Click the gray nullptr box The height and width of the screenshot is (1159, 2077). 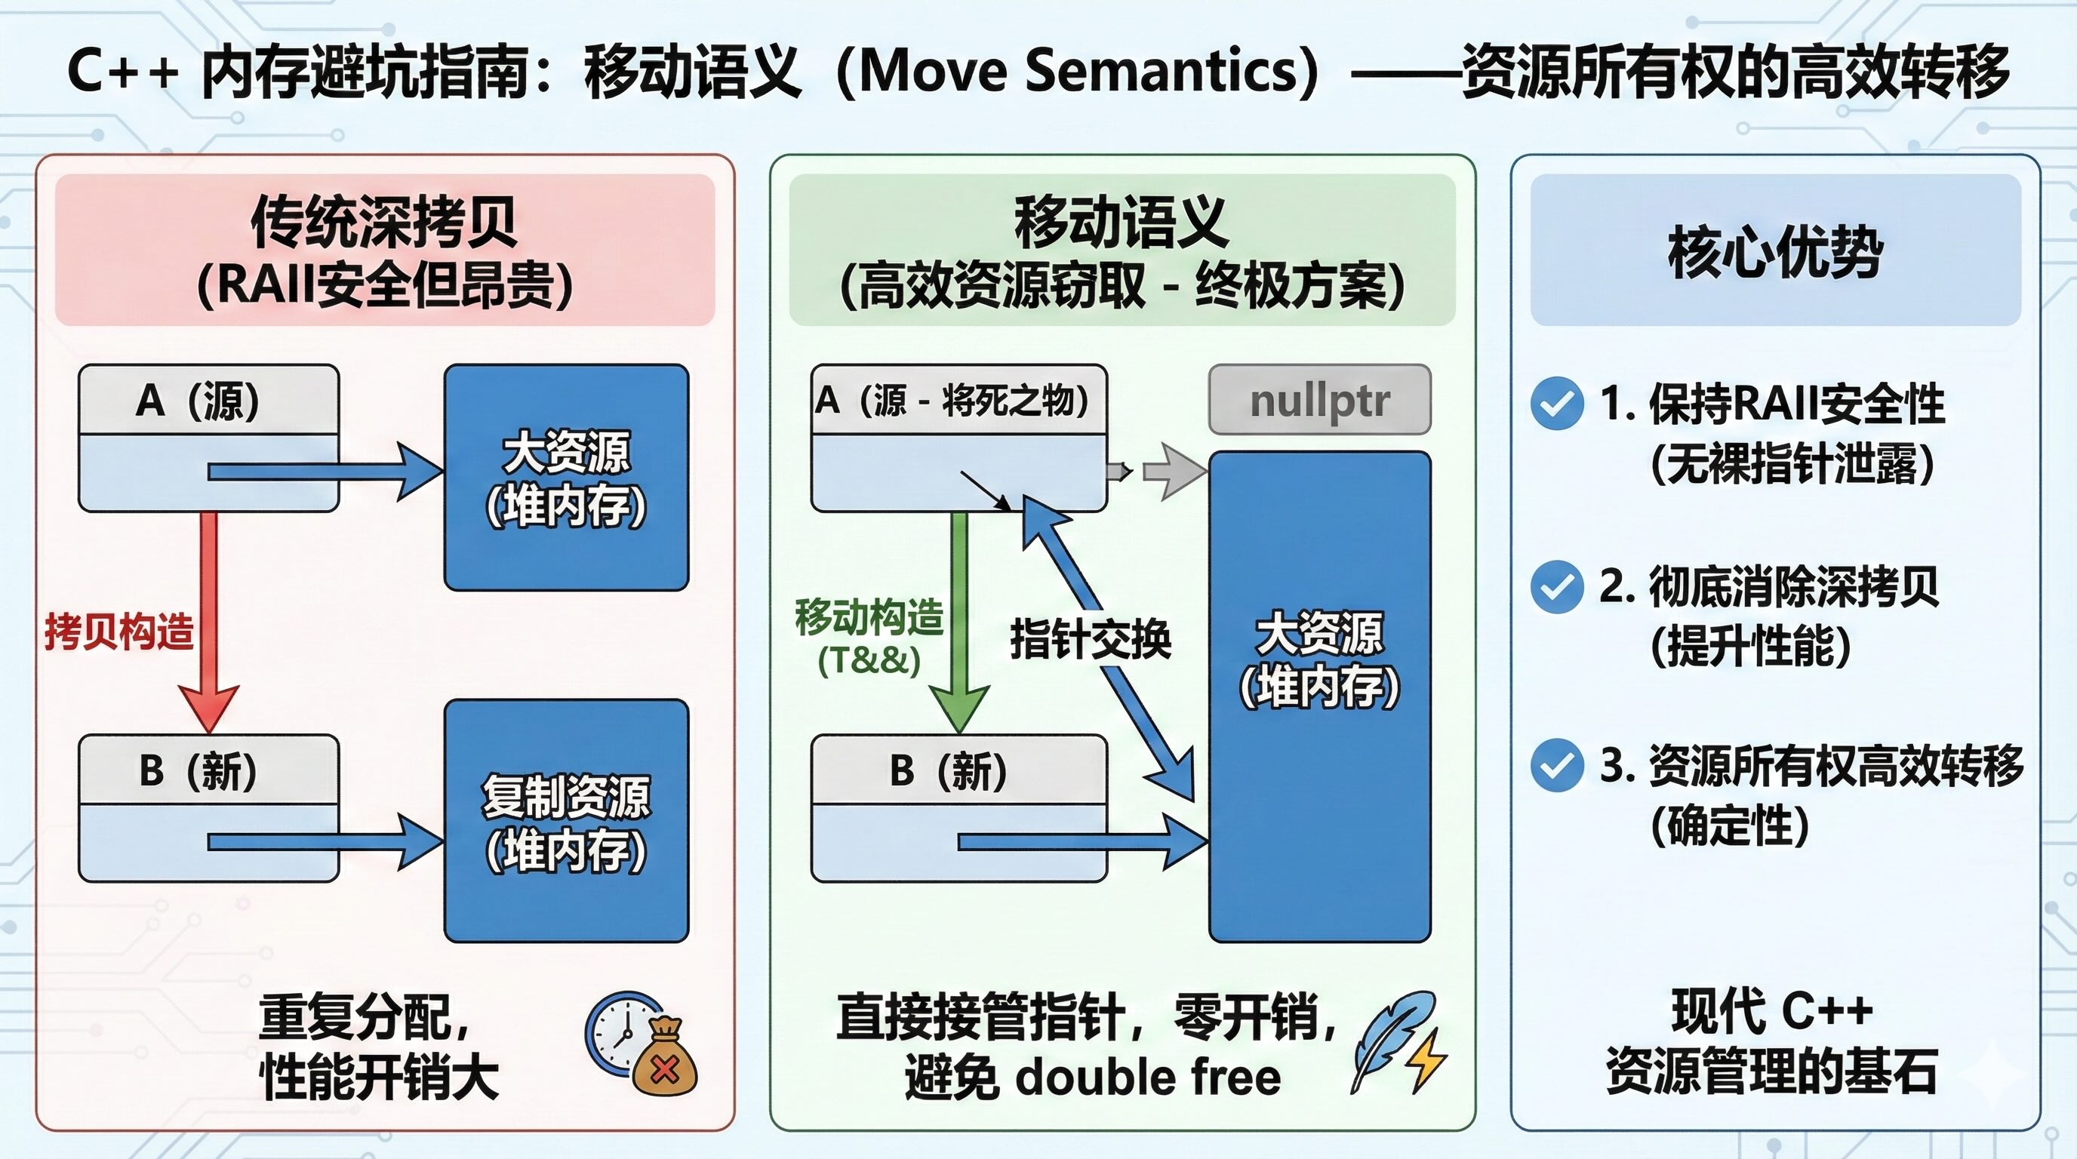click(x=1319, y=400)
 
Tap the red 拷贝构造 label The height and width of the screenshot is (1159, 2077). click(x=119, y=630)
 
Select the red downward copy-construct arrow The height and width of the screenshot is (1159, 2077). click(x=209, y=623)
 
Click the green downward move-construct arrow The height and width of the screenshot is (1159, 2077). click(x=959, y=623)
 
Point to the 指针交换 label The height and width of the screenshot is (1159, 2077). click(x=1090, y=640)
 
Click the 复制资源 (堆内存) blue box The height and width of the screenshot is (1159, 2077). click(x=567, y=820)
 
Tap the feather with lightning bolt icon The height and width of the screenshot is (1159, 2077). click(x=1398, y=1042)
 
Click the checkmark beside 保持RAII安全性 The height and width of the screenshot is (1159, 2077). click(x=1556, y=403)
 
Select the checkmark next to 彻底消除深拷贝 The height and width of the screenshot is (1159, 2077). click(x=1556, y=587)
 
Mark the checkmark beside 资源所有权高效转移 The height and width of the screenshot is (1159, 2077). click(x=1556, y=765)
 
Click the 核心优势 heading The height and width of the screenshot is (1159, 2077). click(x=1775, y=251)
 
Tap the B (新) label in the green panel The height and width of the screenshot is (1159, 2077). click(x=949, y=770)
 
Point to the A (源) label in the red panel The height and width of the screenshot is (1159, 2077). click(x=198, y=400)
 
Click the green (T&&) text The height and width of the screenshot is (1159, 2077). click(x=869, y=660)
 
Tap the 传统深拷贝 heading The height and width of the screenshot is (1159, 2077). click(x=384, y=222)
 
